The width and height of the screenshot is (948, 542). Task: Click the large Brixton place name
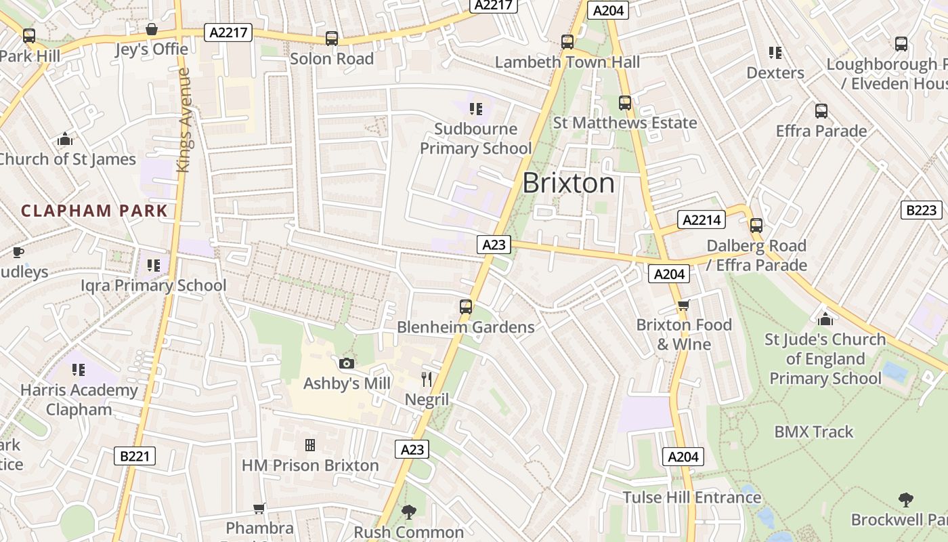(569, 183)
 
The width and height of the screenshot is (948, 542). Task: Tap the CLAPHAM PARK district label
(94, 211)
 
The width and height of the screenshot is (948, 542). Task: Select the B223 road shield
(922, 210)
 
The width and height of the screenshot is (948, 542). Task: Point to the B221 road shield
(133, 456)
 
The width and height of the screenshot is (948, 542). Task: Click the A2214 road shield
(702, 220)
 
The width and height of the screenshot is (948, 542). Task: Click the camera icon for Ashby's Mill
(347, 364)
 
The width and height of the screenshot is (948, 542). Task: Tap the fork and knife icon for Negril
(427, 379)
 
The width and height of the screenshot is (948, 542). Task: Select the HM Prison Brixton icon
(310, 445)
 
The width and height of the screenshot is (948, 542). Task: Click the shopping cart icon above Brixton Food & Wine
(683, 306)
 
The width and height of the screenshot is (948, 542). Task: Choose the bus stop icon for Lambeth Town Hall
(567, 42)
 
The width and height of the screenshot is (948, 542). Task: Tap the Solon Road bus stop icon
(332, 39)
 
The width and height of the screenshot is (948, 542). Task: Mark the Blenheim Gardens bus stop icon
(466, 307)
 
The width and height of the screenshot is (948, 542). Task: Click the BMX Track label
(813, 432)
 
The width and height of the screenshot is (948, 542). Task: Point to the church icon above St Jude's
(825, 318)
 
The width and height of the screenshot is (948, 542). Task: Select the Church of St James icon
(65, 139)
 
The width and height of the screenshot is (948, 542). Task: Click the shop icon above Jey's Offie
(152, 30)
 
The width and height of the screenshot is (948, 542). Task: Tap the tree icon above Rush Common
(408, 512)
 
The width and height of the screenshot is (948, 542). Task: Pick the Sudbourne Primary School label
(476, 138)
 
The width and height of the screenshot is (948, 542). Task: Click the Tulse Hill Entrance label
(691, 497)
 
